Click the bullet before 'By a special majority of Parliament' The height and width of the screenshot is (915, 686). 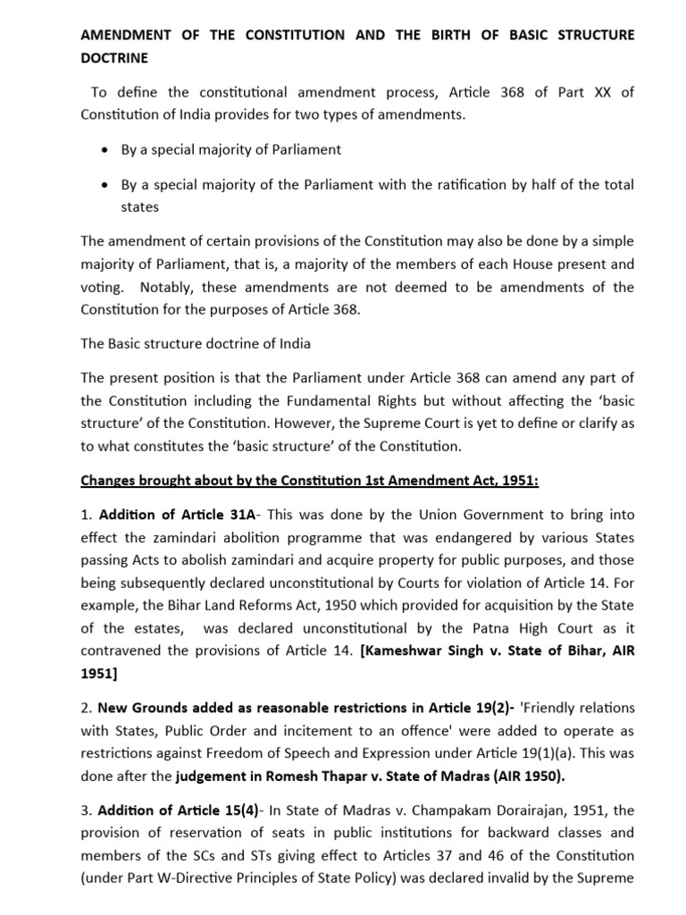point(106,149)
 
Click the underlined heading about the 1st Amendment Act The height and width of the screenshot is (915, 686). point(309,481)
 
